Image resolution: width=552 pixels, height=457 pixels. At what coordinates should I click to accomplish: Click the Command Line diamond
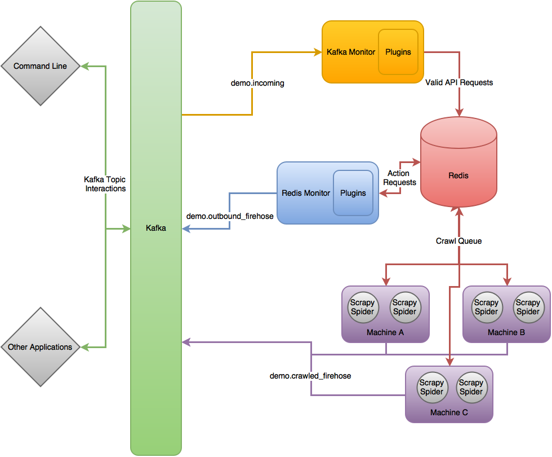click(40, 66)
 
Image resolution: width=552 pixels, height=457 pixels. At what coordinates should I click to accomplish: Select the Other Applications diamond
click(40, 347)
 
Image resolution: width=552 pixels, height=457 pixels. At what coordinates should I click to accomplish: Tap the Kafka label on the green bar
click(156, 228)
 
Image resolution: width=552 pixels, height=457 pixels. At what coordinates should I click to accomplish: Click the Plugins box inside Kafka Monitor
click(398, 52)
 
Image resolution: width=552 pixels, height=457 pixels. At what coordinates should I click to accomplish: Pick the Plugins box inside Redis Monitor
click(353, 193)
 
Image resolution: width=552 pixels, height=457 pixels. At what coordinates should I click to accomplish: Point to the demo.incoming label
click(257, 83)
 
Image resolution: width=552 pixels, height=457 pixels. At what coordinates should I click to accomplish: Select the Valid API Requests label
click(460, 82)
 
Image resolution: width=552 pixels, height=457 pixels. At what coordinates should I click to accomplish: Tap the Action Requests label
click(399, 178)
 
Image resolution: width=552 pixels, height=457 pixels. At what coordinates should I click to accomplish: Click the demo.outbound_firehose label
click(230, 216)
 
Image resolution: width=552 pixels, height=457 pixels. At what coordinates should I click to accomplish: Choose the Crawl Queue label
click(459, 241)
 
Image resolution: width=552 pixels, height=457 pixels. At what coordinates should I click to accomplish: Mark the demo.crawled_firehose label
click(310, 376)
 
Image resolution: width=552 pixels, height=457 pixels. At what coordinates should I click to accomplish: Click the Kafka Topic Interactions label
click(105, 184)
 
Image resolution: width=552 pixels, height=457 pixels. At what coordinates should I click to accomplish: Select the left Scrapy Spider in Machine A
click(362, 307)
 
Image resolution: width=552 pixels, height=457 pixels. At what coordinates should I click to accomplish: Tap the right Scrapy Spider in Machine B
click(528, 307)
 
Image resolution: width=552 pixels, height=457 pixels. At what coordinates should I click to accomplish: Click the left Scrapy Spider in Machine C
click(431, 388)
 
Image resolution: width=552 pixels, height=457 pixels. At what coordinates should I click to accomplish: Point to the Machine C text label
click(449, 412)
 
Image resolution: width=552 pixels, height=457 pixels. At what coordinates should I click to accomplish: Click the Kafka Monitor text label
click(351, 52)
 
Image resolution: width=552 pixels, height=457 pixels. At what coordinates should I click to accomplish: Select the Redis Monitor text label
click(306, 193)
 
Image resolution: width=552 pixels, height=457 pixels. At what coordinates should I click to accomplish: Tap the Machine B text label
click(506, 332)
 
